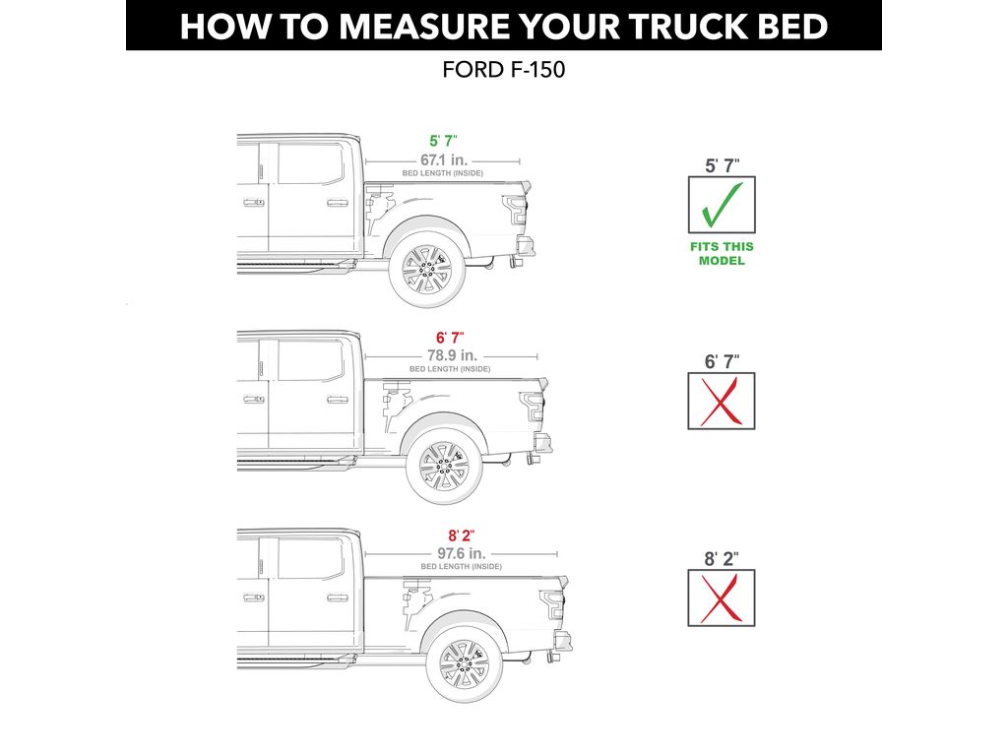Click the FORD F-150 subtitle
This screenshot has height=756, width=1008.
(x=503, y=73)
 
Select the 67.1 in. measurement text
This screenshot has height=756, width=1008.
(x=443, y=159)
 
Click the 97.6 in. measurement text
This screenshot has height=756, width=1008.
(x=461, y=552)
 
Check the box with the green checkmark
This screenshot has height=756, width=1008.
(x=722, y=205)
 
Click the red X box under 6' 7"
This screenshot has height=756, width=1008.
(x=722, y=401)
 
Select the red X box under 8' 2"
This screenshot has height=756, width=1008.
(x=722, y=598)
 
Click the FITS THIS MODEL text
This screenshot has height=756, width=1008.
(x=722, y=254)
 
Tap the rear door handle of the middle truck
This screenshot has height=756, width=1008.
(x=337, y=400)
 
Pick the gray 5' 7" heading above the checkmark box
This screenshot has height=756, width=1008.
(x=722, y=165)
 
